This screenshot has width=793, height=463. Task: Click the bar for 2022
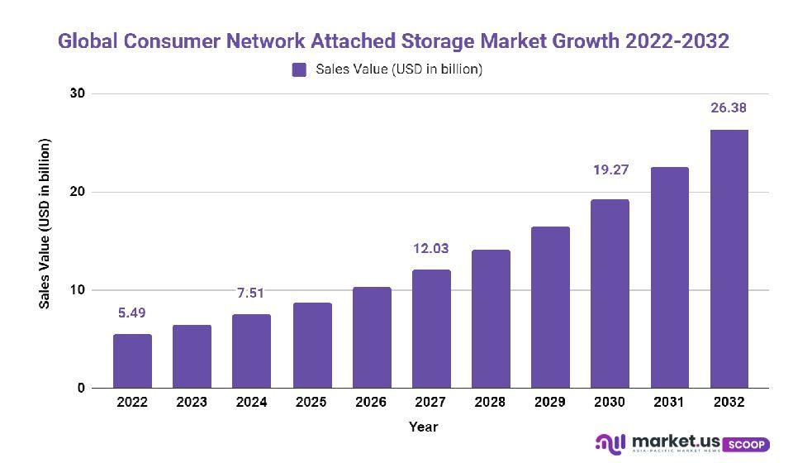point(132,361)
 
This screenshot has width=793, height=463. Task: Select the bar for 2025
point(311,346)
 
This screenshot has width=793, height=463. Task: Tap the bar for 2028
point(491,319)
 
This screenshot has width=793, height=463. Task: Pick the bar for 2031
point(669,278)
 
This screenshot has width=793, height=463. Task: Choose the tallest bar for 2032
point(729,259)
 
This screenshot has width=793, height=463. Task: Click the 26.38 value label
point(729,107)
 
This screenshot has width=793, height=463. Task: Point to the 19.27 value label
point(610,170)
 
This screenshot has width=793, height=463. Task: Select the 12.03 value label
point(431,248)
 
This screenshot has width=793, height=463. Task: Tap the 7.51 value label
point(251,293)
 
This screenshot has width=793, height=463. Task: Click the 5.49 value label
point(132,313)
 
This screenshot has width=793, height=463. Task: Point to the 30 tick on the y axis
point(77,94)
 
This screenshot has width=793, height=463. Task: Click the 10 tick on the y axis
point(77,290)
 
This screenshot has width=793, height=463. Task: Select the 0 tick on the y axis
point(80,388)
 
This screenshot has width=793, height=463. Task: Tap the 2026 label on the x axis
point(371,403)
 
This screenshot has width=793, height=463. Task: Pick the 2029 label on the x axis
point(550,403)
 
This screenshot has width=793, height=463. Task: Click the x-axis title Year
point(423,427)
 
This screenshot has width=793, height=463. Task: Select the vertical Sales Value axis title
point(45,225)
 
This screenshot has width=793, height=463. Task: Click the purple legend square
point(299,70)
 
